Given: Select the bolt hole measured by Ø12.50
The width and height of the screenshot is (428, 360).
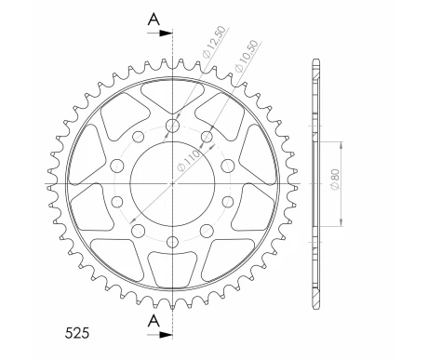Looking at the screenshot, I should (x=173, y=124).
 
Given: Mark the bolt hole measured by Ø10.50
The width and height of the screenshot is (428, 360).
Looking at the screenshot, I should (x=206, y=139).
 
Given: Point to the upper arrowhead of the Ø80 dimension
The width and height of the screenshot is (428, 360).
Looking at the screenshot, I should (x=343, y=142).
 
